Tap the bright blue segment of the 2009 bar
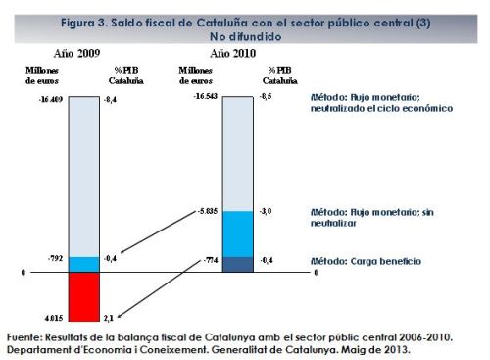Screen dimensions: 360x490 [x=85, y=264]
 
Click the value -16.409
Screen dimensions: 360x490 [x=50, y=99]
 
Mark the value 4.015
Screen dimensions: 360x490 [x=52, y=316]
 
